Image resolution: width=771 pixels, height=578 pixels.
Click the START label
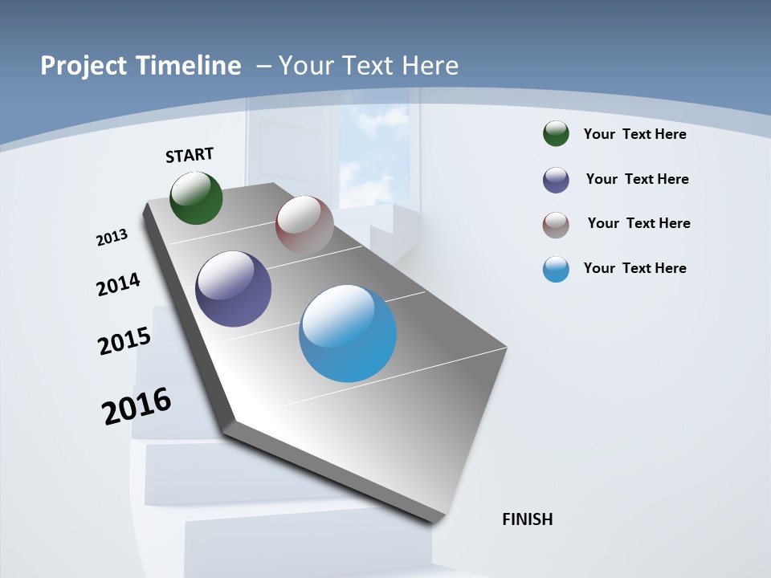(x=190, y=155)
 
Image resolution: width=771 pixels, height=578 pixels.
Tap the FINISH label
(x=528, y=519)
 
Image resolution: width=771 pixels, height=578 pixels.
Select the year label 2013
(x=112, y=238)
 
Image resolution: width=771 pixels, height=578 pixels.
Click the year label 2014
(x=118, y=284)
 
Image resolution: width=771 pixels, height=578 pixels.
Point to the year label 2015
(x=124, y=340)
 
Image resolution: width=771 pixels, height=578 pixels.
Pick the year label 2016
(x=137, y=406)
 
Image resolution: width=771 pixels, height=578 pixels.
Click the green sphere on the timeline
(x=196, y=197)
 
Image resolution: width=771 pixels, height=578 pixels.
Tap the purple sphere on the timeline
(x=233, y=289)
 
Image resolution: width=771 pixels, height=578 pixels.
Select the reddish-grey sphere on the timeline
(x=304, y=225)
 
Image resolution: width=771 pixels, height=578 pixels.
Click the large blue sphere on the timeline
(x=348, y=333)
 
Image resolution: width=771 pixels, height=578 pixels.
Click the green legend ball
(x=556, y=133)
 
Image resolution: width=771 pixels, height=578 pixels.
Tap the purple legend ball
(x=556, y=180)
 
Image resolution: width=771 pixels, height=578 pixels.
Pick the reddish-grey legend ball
(x=556, y=225)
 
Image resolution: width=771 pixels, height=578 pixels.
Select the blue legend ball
(x=556, y=269)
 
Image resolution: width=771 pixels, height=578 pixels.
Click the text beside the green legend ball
(x=634, y=134)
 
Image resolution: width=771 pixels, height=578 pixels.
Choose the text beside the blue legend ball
(x=634, y=268)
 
